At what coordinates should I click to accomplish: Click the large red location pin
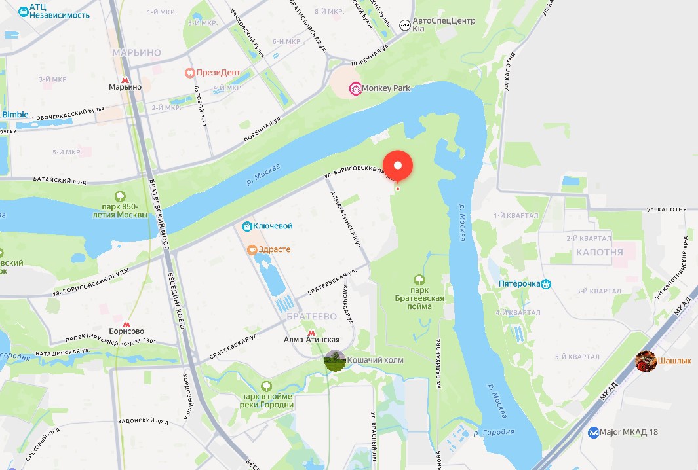pyautogui.click(x=397, y=165)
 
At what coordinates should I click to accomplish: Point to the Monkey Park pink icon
pyautogui.click(x=355, y=88)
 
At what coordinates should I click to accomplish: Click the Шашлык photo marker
pyautogui.click(x=646, y=361)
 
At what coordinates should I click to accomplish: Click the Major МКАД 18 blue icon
pyautogui.click(x=593, y=432)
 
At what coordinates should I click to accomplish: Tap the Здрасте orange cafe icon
pyautogui.click(x=252, y=249)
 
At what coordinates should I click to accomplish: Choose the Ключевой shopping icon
pyautogui.click(x=247, y=226)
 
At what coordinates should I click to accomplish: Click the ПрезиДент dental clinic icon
pyautogui.click(x=190, y=73)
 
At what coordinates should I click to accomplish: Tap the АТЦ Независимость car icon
pyautogui.click(x=23, y=12)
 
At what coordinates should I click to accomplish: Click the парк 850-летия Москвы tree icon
pyautogui.click(x=120, y=196)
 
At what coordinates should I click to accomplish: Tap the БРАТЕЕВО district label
pyautogui.click(x=311, y=316)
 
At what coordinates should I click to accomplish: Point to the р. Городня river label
pyautogui.click(x=495, y=432)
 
